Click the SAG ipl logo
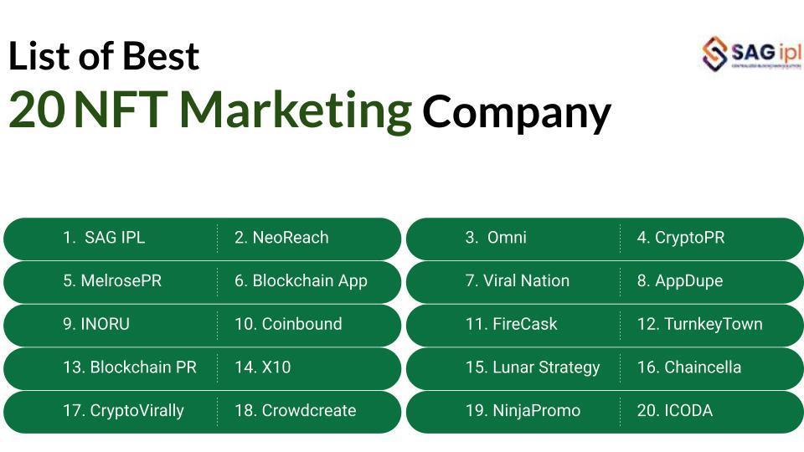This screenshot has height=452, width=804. click(751, 54)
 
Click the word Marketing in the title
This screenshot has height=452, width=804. click(296, 110)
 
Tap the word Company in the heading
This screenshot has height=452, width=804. click(516, 112)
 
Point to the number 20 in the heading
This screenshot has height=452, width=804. click(36, 110)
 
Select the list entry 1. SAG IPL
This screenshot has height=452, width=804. click(104, 238)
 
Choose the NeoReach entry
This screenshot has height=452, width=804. click(281, 238)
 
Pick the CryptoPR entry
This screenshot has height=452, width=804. click(680, 238)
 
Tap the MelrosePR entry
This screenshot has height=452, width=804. click(112, 281)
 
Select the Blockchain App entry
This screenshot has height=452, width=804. click(301, 281)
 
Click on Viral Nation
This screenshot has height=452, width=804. click(517, 281)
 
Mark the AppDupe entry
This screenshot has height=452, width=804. click(679, 281)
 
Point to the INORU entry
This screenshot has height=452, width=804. click(96, 324)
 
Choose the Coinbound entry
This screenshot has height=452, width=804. click(288, 324)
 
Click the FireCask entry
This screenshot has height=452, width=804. click(511, 324)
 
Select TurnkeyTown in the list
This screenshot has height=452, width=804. click(699, 324)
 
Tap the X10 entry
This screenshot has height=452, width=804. click(262, 367)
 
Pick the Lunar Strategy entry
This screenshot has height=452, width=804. click(533, 367)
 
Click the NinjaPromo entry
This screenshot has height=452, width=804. click(523, 411)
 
